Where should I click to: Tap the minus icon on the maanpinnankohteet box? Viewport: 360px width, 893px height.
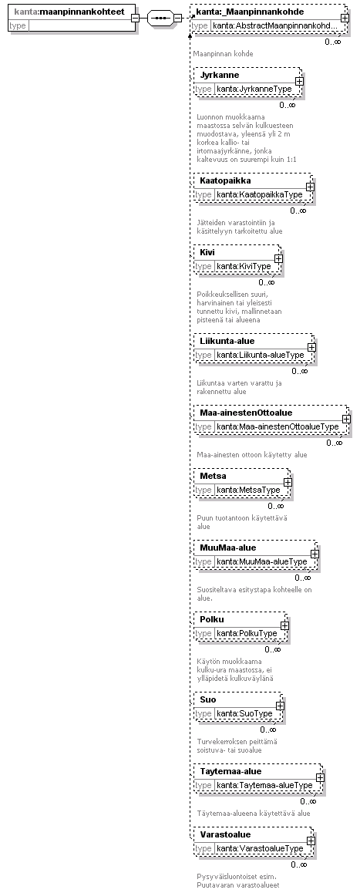(x=135, y=19)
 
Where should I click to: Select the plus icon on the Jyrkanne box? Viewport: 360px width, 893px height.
(x=299, y=82)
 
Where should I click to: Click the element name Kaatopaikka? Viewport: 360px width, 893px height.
(x=226, y=180)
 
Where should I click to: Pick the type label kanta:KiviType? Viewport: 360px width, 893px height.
(x=244, y=266)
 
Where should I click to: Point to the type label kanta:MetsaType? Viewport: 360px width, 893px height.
(x=248, y=490)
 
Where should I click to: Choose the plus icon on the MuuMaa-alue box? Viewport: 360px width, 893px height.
(x=315, y=554)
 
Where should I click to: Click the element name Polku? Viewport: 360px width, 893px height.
(x=212, y=619)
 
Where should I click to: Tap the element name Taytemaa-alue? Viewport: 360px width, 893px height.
(x=230, y=771)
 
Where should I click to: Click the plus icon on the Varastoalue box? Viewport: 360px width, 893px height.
(x=311, y=841)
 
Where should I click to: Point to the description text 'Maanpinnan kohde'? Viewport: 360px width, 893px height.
(x=224, y=53)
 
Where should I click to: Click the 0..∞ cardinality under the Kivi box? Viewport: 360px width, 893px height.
(x=267, y=282)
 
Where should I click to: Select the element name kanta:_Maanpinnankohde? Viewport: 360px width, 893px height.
(x=250, y=12)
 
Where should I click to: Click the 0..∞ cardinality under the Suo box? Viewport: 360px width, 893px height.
(x=268, y=730)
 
